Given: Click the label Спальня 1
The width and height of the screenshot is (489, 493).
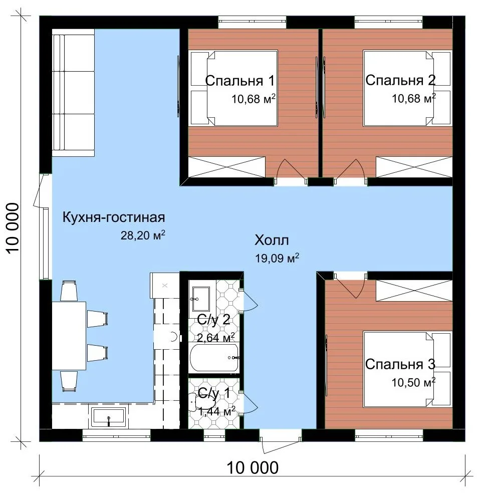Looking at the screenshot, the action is coord(240,81).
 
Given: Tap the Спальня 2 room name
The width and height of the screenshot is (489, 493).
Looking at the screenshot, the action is coord(400,80).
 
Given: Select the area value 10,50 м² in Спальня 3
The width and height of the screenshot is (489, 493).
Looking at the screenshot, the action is coord(413,382).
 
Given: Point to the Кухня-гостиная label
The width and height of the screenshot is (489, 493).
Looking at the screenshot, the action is coord(114,217).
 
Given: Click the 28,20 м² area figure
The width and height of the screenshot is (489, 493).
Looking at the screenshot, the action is coord(143,235).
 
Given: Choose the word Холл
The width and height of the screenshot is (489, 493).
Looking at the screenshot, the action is coord(272,240).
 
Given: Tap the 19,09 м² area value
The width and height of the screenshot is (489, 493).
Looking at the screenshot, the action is coord(277,258).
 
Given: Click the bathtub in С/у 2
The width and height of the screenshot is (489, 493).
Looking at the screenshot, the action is coord(214,358).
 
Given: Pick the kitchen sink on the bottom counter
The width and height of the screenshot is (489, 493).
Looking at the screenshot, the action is coord(109,417).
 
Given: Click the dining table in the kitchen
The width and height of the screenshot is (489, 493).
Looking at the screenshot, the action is coord(69,336).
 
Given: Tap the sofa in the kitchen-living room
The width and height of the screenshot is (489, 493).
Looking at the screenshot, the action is coord(73,92).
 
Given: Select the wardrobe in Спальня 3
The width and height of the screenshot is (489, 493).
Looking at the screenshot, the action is coord(414,291).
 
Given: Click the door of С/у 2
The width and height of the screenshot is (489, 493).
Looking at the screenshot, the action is coord(249,300).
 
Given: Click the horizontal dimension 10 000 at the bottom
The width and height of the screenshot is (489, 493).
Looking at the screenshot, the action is coord(253,467).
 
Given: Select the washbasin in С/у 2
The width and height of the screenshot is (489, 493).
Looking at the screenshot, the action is coord(201,299).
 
